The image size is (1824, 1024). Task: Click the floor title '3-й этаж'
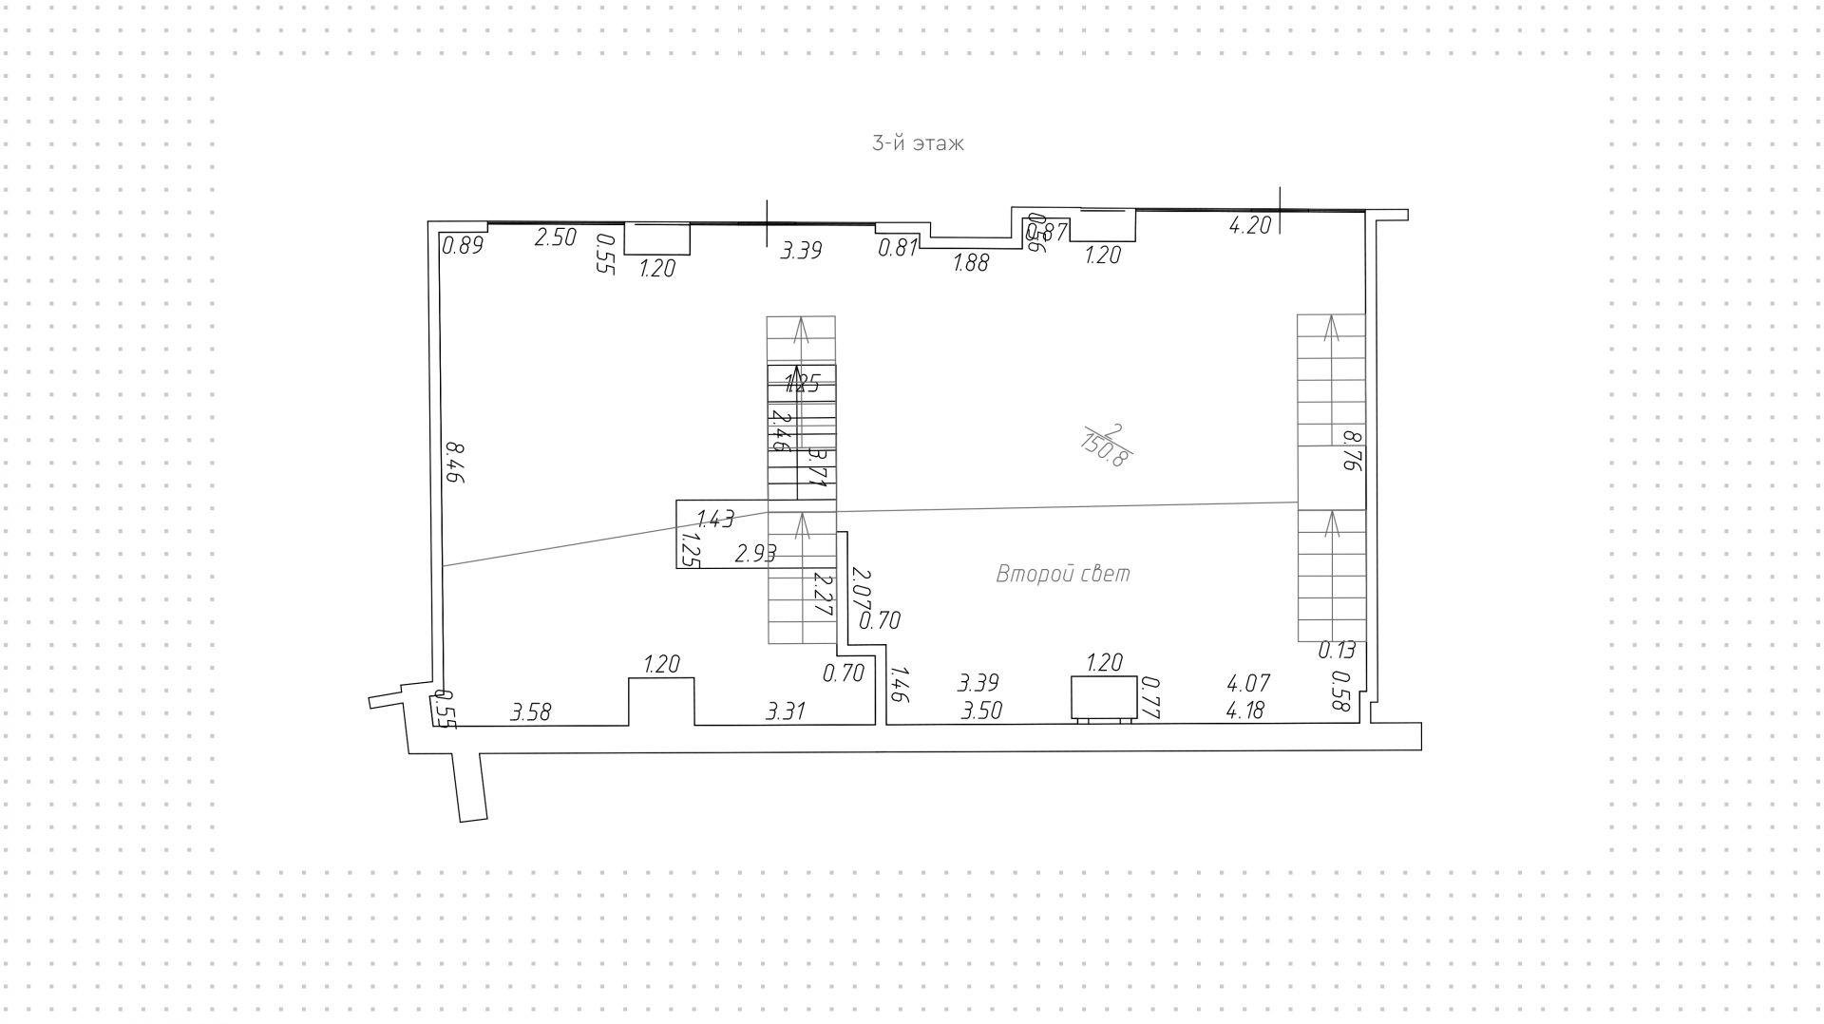point(918,144)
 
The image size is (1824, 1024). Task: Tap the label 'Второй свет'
point(1062,575)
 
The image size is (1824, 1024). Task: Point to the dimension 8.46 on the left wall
point(454,463)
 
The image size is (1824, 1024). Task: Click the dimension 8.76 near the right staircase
point(1352,451)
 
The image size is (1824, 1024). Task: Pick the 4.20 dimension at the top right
point(1249,226)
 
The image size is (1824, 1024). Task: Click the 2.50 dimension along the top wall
point(555,237)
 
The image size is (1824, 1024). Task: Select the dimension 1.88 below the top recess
point(971,263)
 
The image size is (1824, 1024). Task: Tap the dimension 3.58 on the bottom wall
point(530,711)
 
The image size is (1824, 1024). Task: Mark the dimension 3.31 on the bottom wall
point(787,711)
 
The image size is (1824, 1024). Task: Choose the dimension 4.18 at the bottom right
point(1244,711)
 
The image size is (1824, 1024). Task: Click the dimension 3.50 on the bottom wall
point(981,711)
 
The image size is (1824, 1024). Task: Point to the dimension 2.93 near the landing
point(756,554)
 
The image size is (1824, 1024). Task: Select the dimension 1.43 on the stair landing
point(715,519)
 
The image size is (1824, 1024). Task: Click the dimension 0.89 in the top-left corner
point(464,246)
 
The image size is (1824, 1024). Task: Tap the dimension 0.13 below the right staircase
point(1337,651)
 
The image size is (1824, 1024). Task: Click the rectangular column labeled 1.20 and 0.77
point(1103,698)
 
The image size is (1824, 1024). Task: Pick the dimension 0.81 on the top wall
point(898,248)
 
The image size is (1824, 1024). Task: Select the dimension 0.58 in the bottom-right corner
point(1341,692)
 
